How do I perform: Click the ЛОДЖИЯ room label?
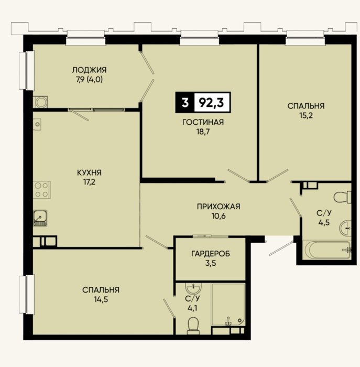click(89, 70)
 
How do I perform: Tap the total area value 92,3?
click(212, 103)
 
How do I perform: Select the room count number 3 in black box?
click(185, 103)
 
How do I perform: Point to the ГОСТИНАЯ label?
click(203, 122)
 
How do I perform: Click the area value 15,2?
click(306, 115)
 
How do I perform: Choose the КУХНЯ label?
click(89, 172)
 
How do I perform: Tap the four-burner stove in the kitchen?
click(41, 190)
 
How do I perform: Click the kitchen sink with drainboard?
click(40, 218)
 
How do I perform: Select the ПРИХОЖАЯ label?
click(219, 207)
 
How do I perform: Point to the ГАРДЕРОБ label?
click(211, 254)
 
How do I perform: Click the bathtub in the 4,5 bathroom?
click(327, 250)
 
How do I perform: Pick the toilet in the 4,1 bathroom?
click(193, 326)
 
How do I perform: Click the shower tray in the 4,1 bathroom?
click(228, 305)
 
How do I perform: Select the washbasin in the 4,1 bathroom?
click(193, 288)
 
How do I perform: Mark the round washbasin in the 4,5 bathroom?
click(345, 228)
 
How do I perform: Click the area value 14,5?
click(101, 299)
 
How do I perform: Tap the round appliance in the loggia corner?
click(41, 102)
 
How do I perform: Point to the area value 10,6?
click(219, 216)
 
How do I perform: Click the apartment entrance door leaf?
click(281, 249)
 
